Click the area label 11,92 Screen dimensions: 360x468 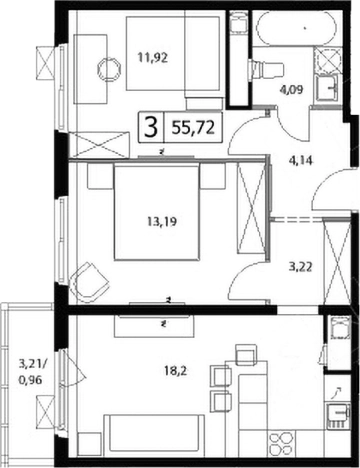pos(153,58)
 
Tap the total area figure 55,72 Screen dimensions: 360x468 pos(193,128)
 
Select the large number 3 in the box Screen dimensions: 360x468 pos(151,128)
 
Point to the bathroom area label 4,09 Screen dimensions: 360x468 pos(292,90)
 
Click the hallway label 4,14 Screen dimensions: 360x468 pos(300,161)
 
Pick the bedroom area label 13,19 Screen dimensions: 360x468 pos(162,222)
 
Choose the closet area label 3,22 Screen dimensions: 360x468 pos(300,267)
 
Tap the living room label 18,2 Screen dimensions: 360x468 pos(175,371)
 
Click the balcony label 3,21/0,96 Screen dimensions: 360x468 pos(32,372)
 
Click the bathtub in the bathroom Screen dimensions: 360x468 pos(296,28)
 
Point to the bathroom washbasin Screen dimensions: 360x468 pos(327,88)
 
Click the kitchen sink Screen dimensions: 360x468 pos(337,413)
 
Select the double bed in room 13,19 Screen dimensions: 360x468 pos(157,213)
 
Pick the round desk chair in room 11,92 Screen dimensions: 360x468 pos(109,70)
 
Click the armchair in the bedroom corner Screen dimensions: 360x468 pos(88,282)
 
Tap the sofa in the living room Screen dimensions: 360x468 pos(154,436)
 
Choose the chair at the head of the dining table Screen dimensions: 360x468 pos(246,354)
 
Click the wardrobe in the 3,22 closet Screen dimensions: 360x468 pos(338,261)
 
